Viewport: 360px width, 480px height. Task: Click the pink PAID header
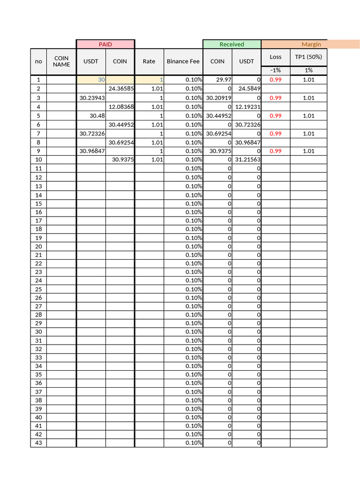point(105,44)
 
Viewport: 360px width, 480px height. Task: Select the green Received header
point(232,44)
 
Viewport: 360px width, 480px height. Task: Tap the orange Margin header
point(311,44)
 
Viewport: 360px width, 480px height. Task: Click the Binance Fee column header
point(183,61)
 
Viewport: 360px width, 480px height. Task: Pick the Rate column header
point(149,61)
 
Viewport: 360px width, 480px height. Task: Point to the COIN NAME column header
point(61,61)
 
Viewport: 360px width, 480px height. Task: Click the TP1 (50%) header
point(308,57)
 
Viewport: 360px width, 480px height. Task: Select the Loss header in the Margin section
point(276,57)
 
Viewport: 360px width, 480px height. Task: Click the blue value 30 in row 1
point(101,80)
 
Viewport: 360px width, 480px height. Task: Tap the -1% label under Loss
point(276,70)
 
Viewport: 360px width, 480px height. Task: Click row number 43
point(38,443)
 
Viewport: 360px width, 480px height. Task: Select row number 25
point(38,289)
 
